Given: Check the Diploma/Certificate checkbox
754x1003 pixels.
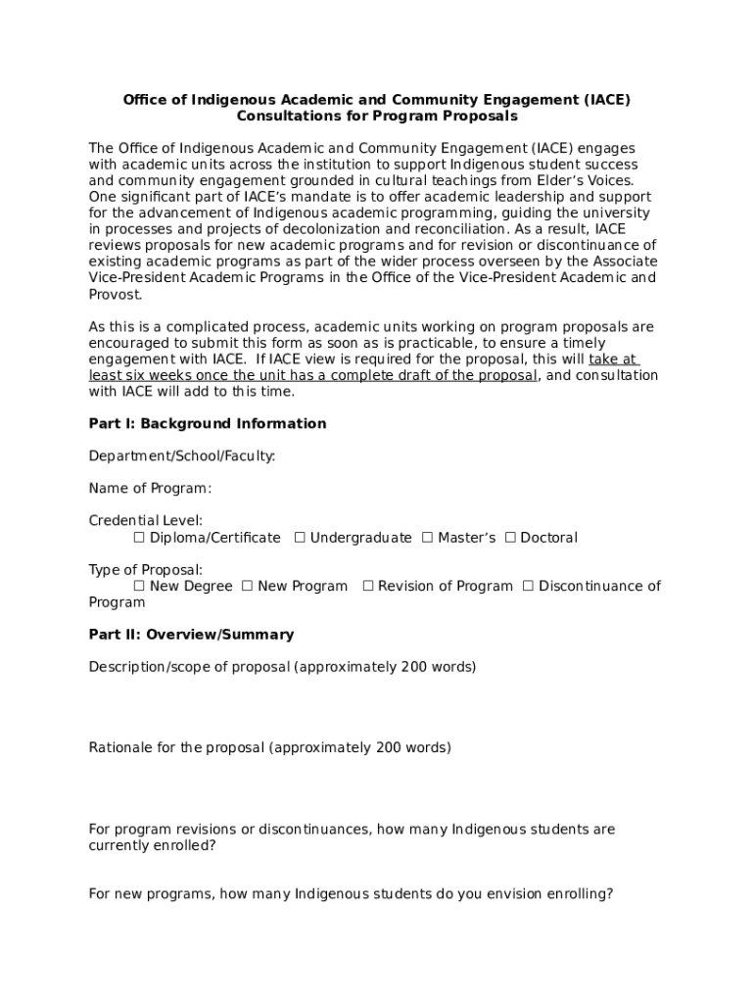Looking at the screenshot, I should coord(139,538).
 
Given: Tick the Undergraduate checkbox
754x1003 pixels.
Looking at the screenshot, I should coord(300,538).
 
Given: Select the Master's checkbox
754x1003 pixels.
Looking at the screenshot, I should coord(427,538).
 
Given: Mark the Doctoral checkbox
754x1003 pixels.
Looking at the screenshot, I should coord(510,538).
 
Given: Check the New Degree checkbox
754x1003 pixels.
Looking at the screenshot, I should coord(139,586).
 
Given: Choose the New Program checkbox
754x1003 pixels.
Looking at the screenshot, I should coord(247,586).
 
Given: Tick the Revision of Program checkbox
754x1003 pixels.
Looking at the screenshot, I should coord(368,586).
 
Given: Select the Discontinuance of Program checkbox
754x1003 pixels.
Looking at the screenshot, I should coord(528,586).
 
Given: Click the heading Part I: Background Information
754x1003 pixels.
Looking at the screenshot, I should coord(207,424).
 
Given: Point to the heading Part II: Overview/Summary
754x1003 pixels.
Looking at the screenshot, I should coord(191,635).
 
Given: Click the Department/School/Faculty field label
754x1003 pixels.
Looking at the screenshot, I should coord(181,456).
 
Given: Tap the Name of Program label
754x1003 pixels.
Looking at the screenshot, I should coord(150,489).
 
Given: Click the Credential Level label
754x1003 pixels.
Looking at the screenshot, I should coord(145,521).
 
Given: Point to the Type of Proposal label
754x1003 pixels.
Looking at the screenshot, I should coord(145,570).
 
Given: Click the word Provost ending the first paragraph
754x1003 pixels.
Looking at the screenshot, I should coord(115,295).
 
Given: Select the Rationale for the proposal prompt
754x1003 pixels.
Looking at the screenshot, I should coord(269,748).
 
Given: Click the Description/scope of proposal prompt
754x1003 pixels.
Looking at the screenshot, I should coord(282,667).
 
